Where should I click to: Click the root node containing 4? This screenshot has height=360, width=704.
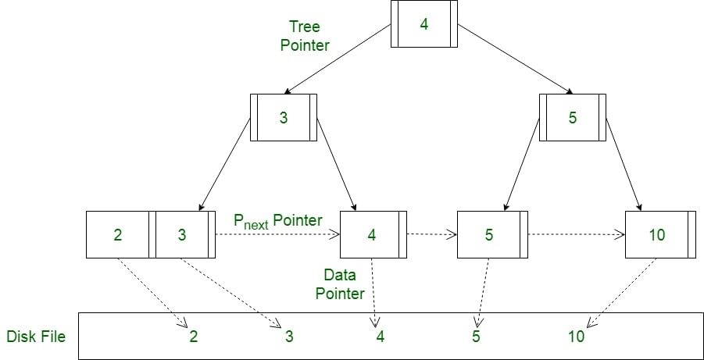[x=423, y=24]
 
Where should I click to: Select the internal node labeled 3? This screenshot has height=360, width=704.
[x=284, y=117]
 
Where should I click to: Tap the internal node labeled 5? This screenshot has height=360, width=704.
[x=572, y=117]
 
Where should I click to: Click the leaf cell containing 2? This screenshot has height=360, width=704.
[x=117, y=234]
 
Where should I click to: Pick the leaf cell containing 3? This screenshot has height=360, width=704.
[x=183, y=234]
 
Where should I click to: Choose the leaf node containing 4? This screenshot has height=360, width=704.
[x=373, y=234]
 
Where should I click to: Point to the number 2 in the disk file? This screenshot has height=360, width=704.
[x=194, y=337]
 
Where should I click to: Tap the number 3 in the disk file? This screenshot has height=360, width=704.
[x=288, y=337]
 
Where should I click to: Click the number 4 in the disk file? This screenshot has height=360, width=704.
[x=381, y=337]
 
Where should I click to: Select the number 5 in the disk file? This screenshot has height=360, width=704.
[x=476, y=337]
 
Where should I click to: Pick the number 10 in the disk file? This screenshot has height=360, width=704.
[x=576, y=337]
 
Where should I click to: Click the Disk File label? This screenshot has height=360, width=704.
[x=36, y=337]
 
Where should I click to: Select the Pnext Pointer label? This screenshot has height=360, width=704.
[x=277, y=221]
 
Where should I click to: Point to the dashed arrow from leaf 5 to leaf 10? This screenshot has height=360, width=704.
[x=576, y=233]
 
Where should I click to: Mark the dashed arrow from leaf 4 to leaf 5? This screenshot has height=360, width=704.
[x=431, y=233]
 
